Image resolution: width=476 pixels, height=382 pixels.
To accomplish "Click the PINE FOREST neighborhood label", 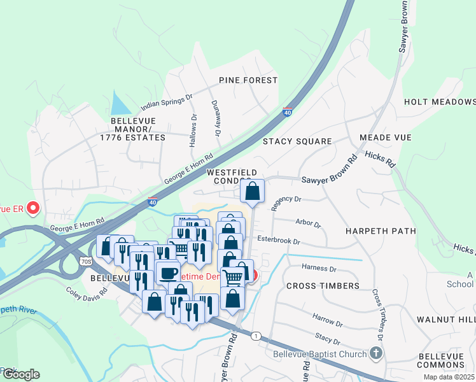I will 248,80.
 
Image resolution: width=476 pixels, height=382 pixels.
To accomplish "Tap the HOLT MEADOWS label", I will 440,102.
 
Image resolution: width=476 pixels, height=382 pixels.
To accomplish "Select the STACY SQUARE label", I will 297,141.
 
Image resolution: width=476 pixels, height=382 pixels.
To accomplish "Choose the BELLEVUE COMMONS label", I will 445,360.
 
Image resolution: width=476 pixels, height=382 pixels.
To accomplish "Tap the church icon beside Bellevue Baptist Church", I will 376,353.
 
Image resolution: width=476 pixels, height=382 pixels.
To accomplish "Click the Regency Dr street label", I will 286,202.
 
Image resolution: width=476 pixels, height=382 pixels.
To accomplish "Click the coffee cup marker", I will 167,272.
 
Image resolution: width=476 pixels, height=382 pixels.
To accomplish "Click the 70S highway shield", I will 87,262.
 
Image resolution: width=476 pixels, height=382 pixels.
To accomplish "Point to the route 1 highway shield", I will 256,336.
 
